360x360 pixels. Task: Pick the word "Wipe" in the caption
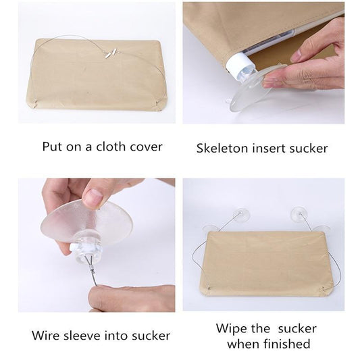coord(232,329)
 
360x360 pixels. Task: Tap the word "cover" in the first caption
coord(146,147)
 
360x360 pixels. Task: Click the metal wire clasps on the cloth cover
coord(110,53)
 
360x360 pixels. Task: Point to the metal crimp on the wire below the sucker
coord(93,270)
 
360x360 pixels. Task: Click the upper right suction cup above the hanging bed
coord(299,213)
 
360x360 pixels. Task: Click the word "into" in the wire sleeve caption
coord(116,336)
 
